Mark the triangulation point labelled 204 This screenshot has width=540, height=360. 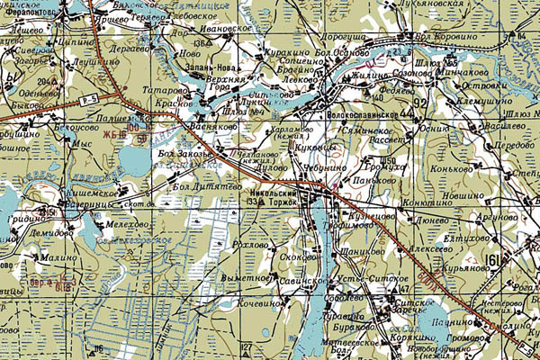(x=41, y=80)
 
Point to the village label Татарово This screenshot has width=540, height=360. (x=168, y=91)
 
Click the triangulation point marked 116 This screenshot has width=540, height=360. (x=97, y=348)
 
